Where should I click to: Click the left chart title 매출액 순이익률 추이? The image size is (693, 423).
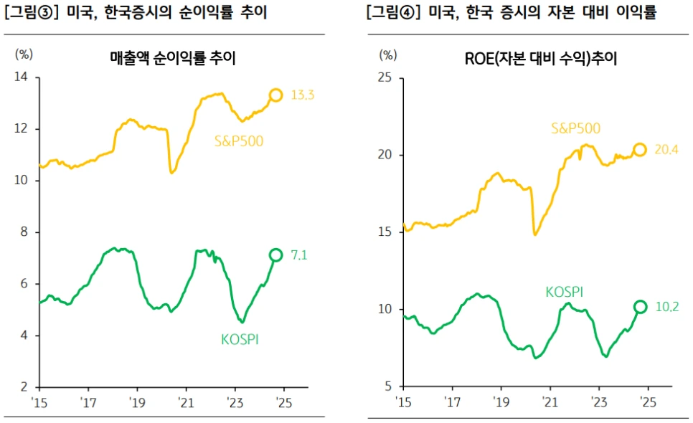173,59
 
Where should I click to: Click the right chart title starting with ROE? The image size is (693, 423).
541,59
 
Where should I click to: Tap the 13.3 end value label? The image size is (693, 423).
303,95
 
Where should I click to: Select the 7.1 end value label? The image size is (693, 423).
300,255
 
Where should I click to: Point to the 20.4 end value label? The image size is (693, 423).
667,150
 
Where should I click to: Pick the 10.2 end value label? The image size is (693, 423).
666,307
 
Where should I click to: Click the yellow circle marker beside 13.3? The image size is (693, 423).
275,95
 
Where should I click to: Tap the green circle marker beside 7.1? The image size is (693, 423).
275,255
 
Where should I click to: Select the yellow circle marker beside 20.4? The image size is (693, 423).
640,150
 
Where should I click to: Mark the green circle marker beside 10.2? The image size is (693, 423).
640,307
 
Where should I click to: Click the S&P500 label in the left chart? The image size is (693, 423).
239,141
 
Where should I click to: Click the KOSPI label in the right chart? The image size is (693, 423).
564,292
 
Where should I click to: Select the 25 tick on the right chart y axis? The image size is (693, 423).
385,77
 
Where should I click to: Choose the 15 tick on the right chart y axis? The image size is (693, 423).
385,232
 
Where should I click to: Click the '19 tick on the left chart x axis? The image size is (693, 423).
136,401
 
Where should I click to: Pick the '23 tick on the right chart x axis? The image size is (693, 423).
598,401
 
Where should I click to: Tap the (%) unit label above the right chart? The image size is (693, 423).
388,54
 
